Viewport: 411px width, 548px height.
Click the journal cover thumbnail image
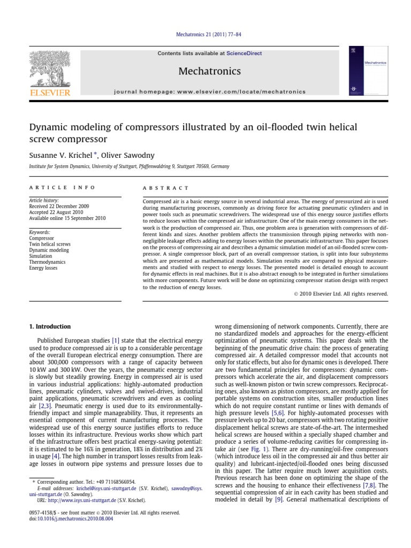click(x=368, y=72)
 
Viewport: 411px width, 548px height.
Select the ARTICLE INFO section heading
click(x=62, y=188)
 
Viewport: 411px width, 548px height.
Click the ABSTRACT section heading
click(x=165, y=188)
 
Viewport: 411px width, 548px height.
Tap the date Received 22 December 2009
click(x=59, y=206)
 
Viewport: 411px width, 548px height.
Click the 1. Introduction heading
click(x=49, y=326)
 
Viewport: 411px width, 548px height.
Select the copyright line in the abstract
click(x=341, y=294)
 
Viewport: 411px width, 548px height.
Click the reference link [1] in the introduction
click(x=115, y=340)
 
